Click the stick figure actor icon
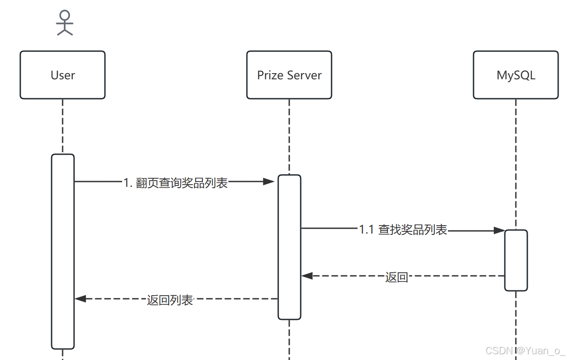(x=65, y=23)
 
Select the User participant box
(x=63, y=75)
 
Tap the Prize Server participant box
(x=289, y=75)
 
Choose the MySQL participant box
(x=516, y=75)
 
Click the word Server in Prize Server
(x=305, y=75)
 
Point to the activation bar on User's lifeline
(x=63, y=251)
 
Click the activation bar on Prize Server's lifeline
(x=289, y=247)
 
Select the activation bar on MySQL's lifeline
(x=516, y=260)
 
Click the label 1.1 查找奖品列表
(x=403, y=230)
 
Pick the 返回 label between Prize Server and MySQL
(x=396, y=277)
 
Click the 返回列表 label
(x=170, y=300)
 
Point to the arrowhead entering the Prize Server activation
(x=269, y=182)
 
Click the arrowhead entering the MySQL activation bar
(x=499, y=230)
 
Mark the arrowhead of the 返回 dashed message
(x=307, y=276)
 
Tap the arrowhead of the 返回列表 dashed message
(x=81, y=299)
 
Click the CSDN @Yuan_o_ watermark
(x=525, y=351)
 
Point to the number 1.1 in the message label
(x=366, y=230)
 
